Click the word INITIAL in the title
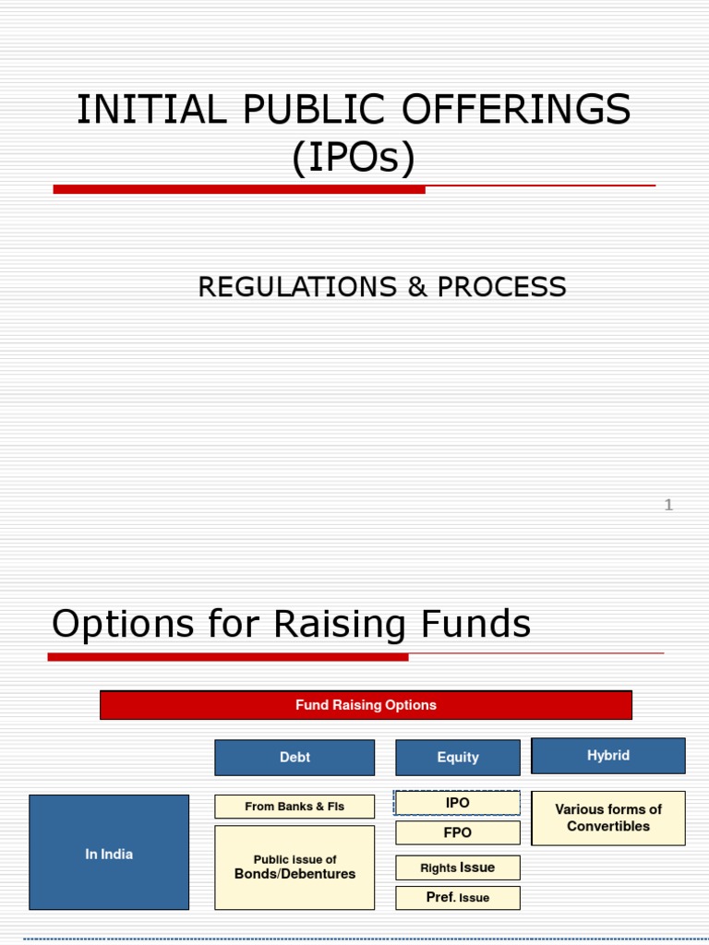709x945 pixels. point(139,111)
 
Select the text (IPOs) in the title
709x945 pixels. point(354,158)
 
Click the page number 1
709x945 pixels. point(668,505)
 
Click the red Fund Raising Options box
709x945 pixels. point(366,705)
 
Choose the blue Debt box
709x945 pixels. point(294,758)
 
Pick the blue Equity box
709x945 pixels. point(458,758)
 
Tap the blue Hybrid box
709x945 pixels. point(608,756)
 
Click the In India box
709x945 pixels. point(109,854)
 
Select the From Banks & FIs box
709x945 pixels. point(294,807)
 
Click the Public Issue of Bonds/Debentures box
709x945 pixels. point(294,867)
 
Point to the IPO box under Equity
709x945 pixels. point(458,803)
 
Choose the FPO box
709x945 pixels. point(458,833)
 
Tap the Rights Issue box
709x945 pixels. point(458,867)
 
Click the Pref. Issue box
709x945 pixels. point(458,898)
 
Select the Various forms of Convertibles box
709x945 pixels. point(608,818)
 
